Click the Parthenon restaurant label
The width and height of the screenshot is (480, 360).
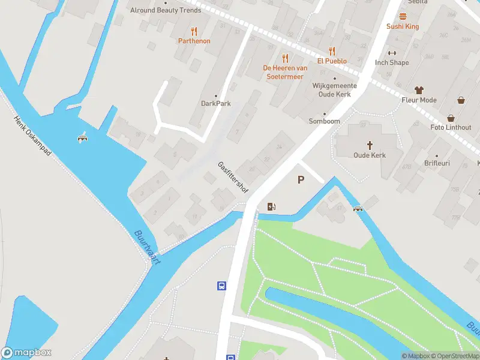[194, 41]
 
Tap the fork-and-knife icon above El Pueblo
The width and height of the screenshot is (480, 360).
[331, 52]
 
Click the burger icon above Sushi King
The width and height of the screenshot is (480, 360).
[403, 17]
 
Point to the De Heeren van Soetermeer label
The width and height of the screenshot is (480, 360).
[285, 71]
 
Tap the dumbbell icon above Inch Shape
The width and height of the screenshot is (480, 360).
[392, 53]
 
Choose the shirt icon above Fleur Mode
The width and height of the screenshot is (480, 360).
[419, 90]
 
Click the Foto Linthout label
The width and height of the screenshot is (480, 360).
[451, 127]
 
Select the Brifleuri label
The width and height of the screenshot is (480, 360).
[436, 163]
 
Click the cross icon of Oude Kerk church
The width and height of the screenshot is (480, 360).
[370, 145]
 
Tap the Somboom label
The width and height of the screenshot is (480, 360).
[325, 121]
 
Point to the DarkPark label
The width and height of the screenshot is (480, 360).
[215, 103]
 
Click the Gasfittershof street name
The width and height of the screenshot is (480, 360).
[233, 176]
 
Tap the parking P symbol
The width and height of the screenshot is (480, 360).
[301, 179]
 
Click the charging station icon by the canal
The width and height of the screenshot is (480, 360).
[271, 207]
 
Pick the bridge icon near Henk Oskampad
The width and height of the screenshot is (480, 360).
[83, 138]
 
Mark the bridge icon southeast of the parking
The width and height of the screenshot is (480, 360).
[358, 209]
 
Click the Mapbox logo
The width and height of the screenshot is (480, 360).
[26, 353]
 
